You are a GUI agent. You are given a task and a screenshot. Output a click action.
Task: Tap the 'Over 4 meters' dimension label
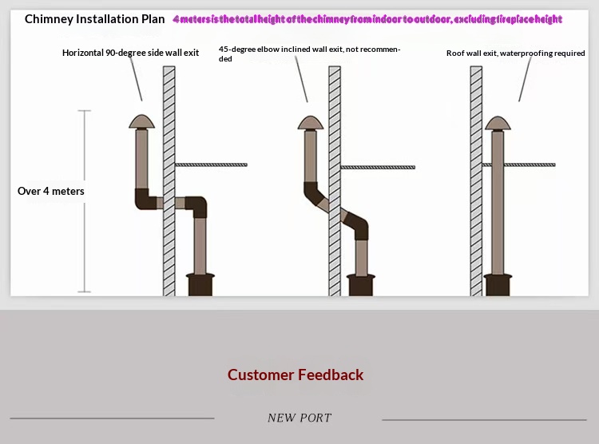coord(51,192)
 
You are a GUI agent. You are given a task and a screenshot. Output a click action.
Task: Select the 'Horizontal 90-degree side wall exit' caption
coord(131,53)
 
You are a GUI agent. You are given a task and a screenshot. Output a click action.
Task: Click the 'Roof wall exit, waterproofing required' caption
coord(516,54)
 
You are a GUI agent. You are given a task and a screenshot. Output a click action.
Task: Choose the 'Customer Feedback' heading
coord(296,375)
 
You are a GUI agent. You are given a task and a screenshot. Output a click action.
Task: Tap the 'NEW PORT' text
coord(299,418)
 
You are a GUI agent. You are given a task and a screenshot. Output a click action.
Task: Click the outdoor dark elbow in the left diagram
coord(145,198)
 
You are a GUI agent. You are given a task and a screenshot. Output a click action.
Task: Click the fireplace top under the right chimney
coord(498,283)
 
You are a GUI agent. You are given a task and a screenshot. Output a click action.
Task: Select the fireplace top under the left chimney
coord(200,283)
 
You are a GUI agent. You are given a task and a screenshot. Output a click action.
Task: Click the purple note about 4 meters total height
coord(367,19)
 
